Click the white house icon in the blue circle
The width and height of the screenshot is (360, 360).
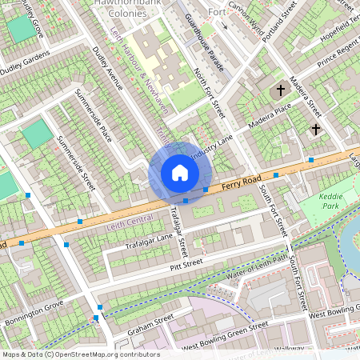180,173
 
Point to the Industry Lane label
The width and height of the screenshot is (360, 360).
210,143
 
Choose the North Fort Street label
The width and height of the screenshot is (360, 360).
210,93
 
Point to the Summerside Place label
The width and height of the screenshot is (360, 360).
94,118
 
